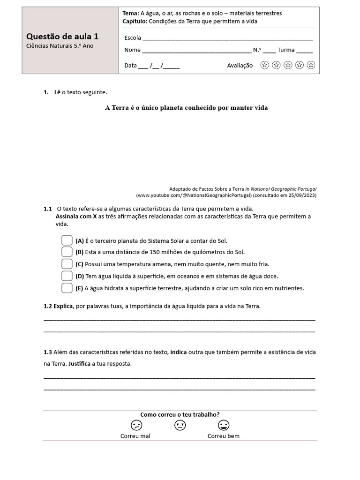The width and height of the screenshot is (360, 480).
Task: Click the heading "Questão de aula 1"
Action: [x=62, y=37]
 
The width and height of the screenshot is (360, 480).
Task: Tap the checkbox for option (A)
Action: [x=67, y=240]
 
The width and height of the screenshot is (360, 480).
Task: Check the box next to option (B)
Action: [x=67, y=252]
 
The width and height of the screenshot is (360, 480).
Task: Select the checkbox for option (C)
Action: [x=67, y=264]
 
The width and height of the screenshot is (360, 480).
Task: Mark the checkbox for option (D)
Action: [x=67, y=276]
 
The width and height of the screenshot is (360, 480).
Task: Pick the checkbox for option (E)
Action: [x=67, y=288]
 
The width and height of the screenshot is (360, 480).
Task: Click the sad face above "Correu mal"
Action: [x=136, y=425]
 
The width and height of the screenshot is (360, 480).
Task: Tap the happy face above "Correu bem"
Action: [x=224, y=425]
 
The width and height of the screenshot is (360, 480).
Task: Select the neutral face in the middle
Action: [x=180, y=425]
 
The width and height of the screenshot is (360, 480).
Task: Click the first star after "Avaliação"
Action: [x=265, y=65]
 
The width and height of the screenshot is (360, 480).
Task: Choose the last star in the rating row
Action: [x=311, y=65]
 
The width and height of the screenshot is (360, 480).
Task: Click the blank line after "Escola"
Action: [x=227, y=38]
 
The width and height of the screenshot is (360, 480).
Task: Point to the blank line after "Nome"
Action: [x=196, y=50]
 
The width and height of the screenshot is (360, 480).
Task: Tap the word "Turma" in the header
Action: [x=286, y=50]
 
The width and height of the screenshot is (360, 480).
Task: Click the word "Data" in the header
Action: [x=130, y=66]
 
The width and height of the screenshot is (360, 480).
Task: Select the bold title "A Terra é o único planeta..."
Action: [x=186, y=108]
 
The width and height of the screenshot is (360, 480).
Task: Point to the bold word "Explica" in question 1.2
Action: [x=63, y=306]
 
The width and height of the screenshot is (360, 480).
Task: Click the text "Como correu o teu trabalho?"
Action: [x=180, y=414]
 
